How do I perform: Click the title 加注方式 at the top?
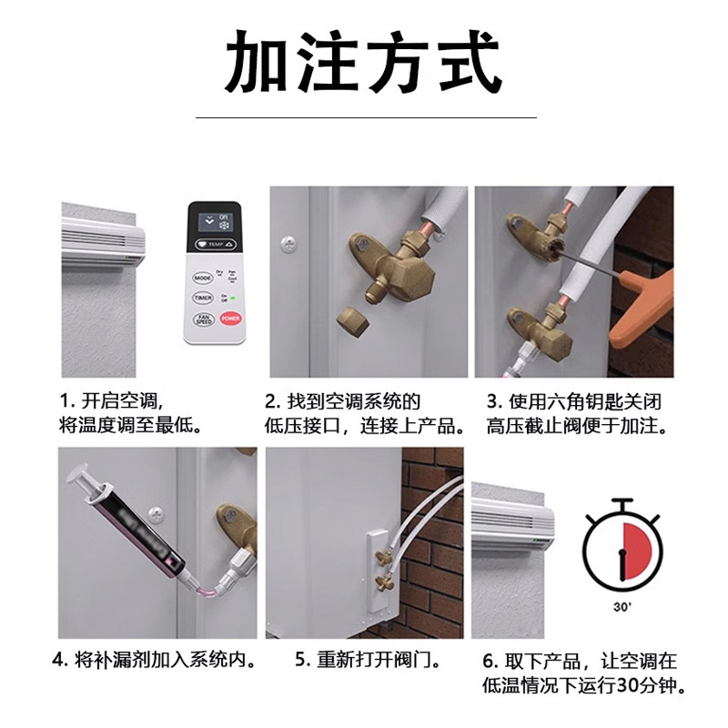[x=363, y=62]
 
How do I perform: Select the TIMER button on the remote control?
[x=202, y=298]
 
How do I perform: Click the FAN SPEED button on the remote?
[x=203, y=320]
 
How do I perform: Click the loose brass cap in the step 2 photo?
[x=349, y=321]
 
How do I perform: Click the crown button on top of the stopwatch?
[x=623, y=504]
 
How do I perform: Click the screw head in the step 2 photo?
[x=288, y=244]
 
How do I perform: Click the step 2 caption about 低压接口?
[x=364, y=412]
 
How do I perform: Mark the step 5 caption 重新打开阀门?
[x=359, y=659]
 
